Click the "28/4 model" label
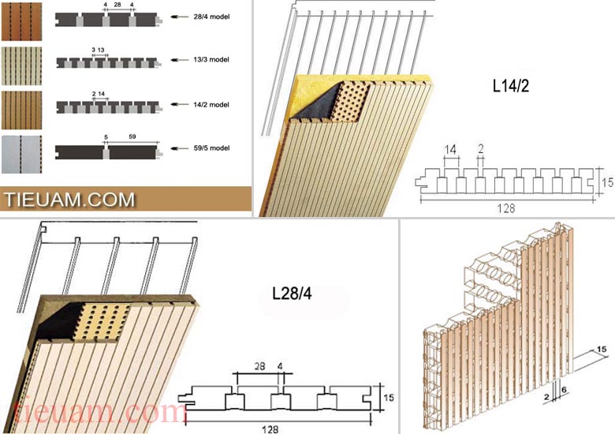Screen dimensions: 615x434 (211, 17)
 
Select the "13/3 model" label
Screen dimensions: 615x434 (211, 60)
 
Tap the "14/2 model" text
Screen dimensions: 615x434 (211, 105)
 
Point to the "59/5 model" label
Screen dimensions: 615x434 (211, 148)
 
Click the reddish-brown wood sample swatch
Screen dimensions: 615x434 (21, 21)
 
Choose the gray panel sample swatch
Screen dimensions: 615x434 (21, 155)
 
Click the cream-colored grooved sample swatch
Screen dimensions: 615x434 (21, 66)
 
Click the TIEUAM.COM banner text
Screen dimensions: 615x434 (69, 200)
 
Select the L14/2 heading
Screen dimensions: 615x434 (511, 86)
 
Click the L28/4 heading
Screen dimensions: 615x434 (292, 294)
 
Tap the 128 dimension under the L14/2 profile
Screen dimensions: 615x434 (506, 208)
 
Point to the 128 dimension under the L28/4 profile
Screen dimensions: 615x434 (270, 429)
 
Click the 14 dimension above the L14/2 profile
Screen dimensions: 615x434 (451, 149)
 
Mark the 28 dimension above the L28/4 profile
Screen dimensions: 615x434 (259, 366)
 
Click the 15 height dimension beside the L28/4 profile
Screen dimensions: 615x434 (388, 398)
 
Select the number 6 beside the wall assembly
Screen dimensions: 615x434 (564, 390)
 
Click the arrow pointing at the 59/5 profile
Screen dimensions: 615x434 (180, 148)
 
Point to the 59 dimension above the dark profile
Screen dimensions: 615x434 (132, 137)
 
